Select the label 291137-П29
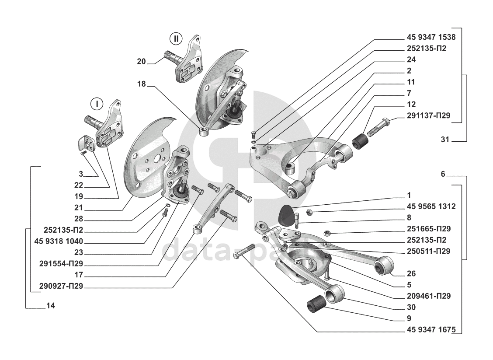tap(427, 116)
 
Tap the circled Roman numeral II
tap(176, 38)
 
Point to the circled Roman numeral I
tap(97, 104)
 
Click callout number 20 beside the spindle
tap(141, 62)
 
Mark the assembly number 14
tap(50, 306)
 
